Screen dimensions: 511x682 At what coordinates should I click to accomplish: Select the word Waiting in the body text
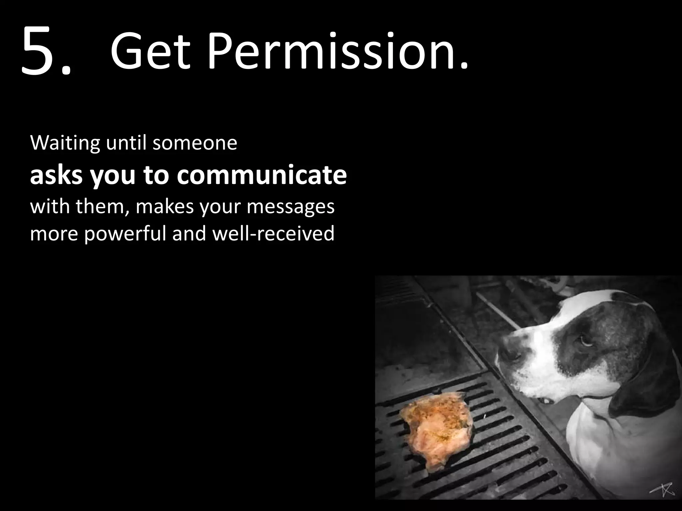click(x=65, y=143)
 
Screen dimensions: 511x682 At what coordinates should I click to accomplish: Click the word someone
click(x=195, y=143)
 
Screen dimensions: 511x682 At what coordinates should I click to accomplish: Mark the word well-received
click(x=273, y=233)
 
